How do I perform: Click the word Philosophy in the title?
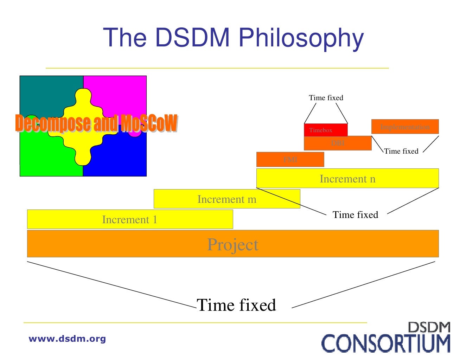click(x=301, y=38)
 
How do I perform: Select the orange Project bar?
click(x=233, y=244)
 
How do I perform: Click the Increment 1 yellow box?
click(x=130, y=219)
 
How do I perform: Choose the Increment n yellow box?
click(x=347, y=179)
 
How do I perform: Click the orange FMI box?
click(x=290, y=160)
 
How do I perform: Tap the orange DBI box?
click(x=338, y=143)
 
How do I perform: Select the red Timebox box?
click(x=326, y=130)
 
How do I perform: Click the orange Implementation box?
click(x=405, y=127)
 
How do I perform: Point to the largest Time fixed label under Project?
click(x=236, y=305)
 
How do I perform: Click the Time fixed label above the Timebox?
click(x=326, y=98)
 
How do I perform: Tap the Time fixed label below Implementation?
click(x=401, y=151)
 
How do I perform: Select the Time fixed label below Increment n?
click(x=355, y=215)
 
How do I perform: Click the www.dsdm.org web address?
click(x=67, y=339)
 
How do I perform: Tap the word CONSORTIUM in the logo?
click(x=386, y=344)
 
